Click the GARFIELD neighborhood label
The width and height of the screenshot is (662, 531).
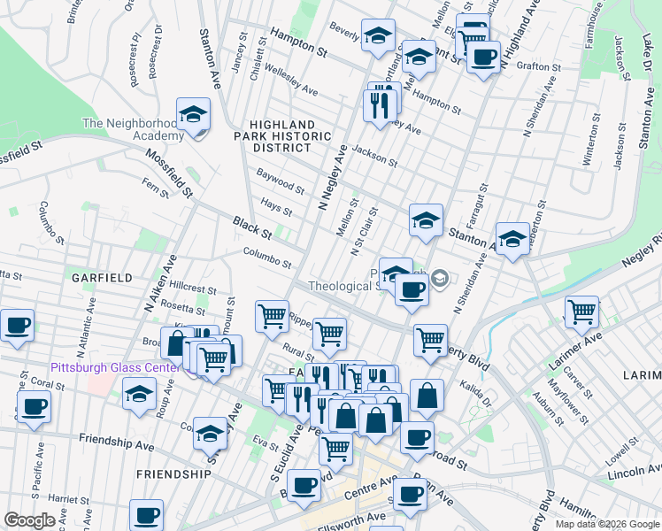click(103, 277)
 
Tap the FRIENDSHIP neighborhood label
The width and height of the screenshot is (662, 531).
click(174, 474)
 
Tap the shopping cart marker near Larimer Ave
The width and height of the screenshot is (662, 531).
click(581, 312)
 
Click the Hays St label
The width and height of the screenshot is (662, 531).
click(276, 205)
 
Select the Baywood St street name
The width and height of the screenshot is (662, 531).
click(281, 183)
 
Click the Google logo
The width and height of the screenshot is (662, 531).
click(29, 520)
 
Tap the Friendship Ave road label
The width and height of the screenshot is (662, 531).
click(110, 439)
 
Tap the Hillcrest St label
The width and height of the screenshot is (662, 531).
click(193, 289)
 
